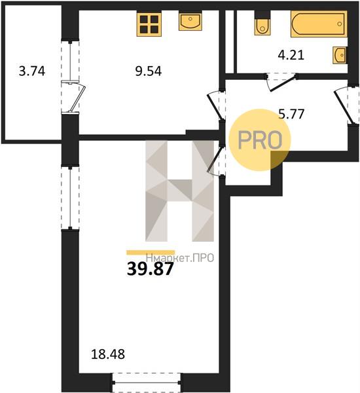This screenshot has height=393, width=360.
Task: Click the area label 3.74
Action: [x=32, y=71]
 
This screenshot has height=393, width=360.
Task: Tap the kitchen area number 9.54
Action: [x=149, y=71]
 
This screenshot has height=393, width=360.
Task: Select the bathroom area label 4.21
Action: [x=291, y=55]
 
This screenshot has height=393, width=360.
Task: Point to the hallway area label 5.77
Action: [x=292, y=114]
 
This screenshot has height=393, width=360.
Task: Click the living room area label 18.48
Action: [x=108, y=354]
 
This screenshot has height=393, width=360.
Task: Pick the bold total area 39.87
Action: [x=150, y=269]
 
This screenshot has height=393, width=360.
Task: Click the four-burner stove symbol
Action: [x=149, y=24]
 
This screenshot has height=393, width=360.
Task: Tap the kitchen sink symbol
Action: [x=190, y=22]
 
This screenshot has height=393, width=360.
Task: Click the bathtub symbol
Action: [x=319, y=24]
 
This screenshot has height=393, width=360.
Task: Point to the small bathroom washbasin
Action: [x=340, y=55]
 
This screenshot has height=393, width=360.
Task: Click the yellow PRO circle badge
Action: [x=260, y=140]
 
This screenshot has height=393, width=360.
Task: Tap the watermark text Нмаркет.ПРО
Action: [x=180, y=258]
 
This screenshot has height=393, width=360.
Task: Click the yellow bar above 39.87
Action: [x=151, y=252]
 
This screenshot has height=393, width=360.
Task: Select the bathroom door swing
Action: [x=281, y=82]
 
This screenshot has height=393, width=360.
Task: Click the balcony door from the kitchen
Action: [x=74, y=97]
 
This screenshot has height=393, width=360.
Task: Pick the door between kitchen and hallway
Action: [x=215, y=105]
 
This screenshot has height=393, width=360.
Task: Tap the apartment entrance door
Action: [x=345, y=105]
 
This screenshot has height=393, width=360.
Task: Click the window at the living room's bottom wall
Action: [x=147, y=383]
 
